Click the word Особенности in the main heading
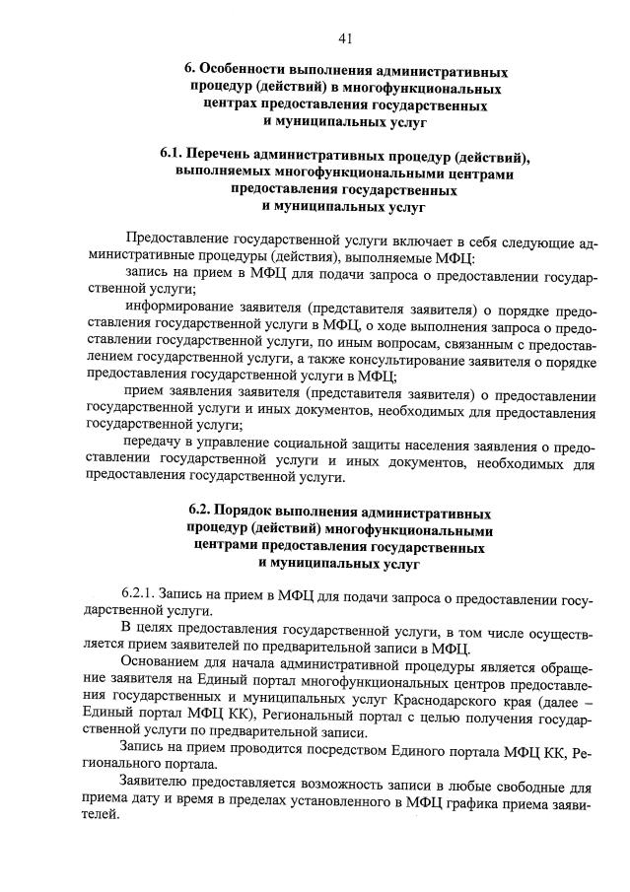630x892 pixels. (243, 72)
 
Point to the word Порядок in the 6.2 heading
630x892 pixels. (248, 514)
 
